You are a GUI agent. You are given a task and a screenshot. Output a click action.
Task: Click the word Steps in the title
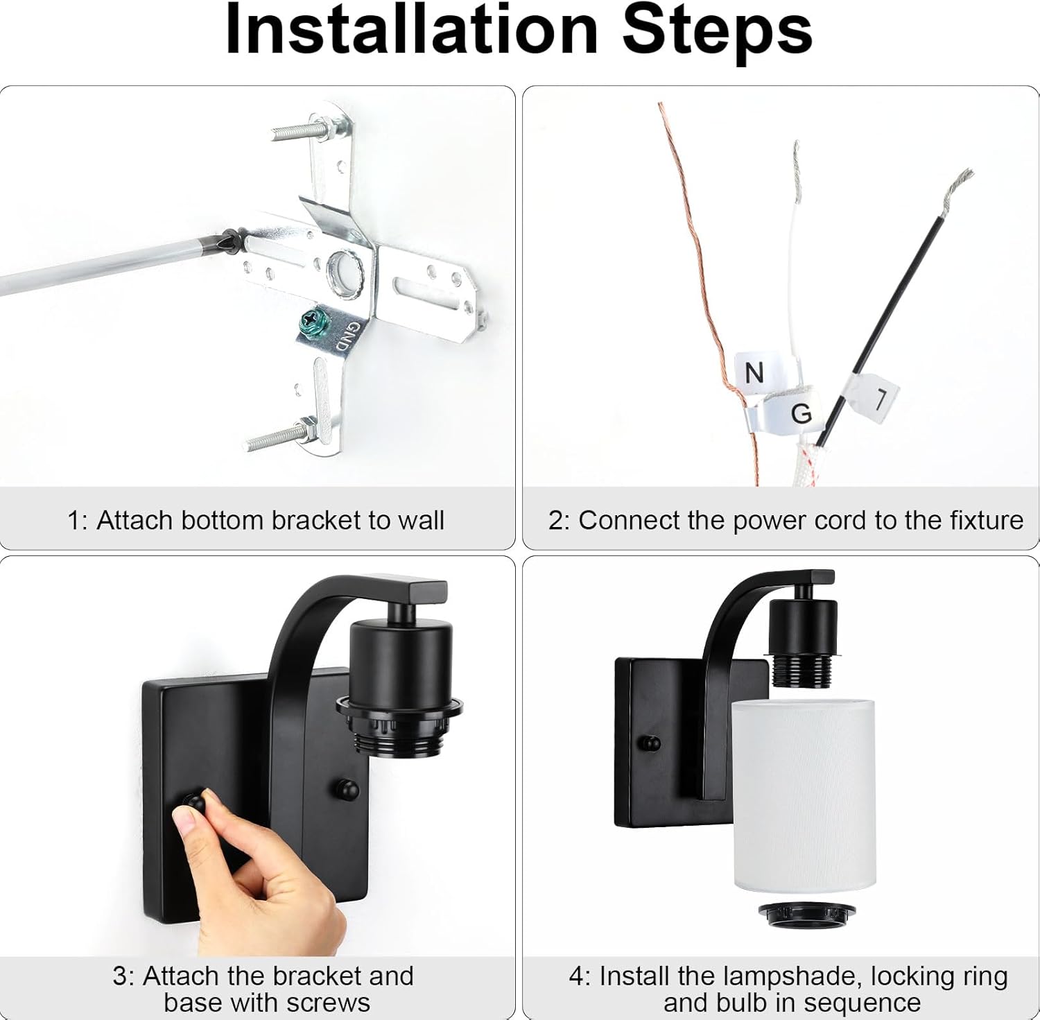click(717, 31)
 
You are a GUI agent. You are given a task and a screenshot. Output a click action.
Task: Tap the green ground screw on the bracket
click(307, 321)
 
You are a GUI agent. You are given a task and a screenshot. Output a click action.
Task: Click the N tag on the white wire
click(754, 373)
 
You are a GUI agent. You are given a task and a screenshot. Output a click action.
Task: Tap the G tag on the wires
click(800, 414)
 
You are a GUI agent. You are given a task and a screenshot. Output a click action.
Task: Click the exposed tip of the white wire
click(795, 166)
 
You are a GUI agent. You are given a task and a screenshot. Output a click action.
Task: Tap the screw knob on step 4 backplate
click(650, 743)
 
